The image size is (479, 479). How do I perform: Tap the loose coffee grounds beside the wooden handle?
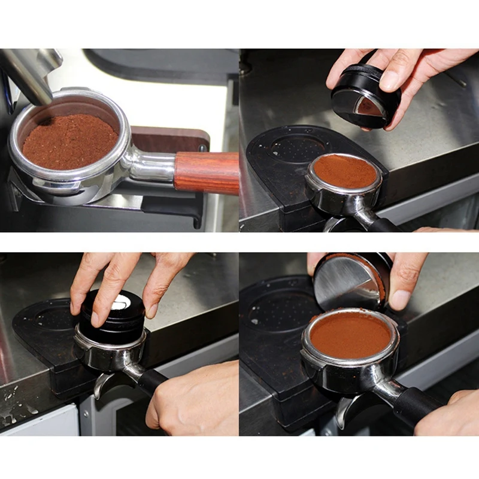[70, 141]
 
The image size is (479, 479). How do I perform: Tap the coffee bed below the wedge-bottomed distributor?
[346, 171]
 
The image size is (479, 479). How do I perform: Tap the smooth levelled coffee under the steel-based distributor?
[350, 335]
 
